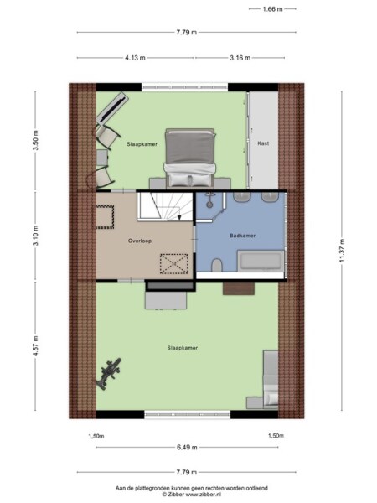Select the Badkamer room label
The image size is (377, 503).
(242, 236)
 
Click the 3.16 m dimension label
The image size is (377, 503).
(240, 58)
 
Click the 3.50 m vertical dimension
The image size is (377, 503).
(35, 139)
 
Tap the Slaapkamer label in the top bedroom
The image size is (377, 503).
(142, 144)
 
